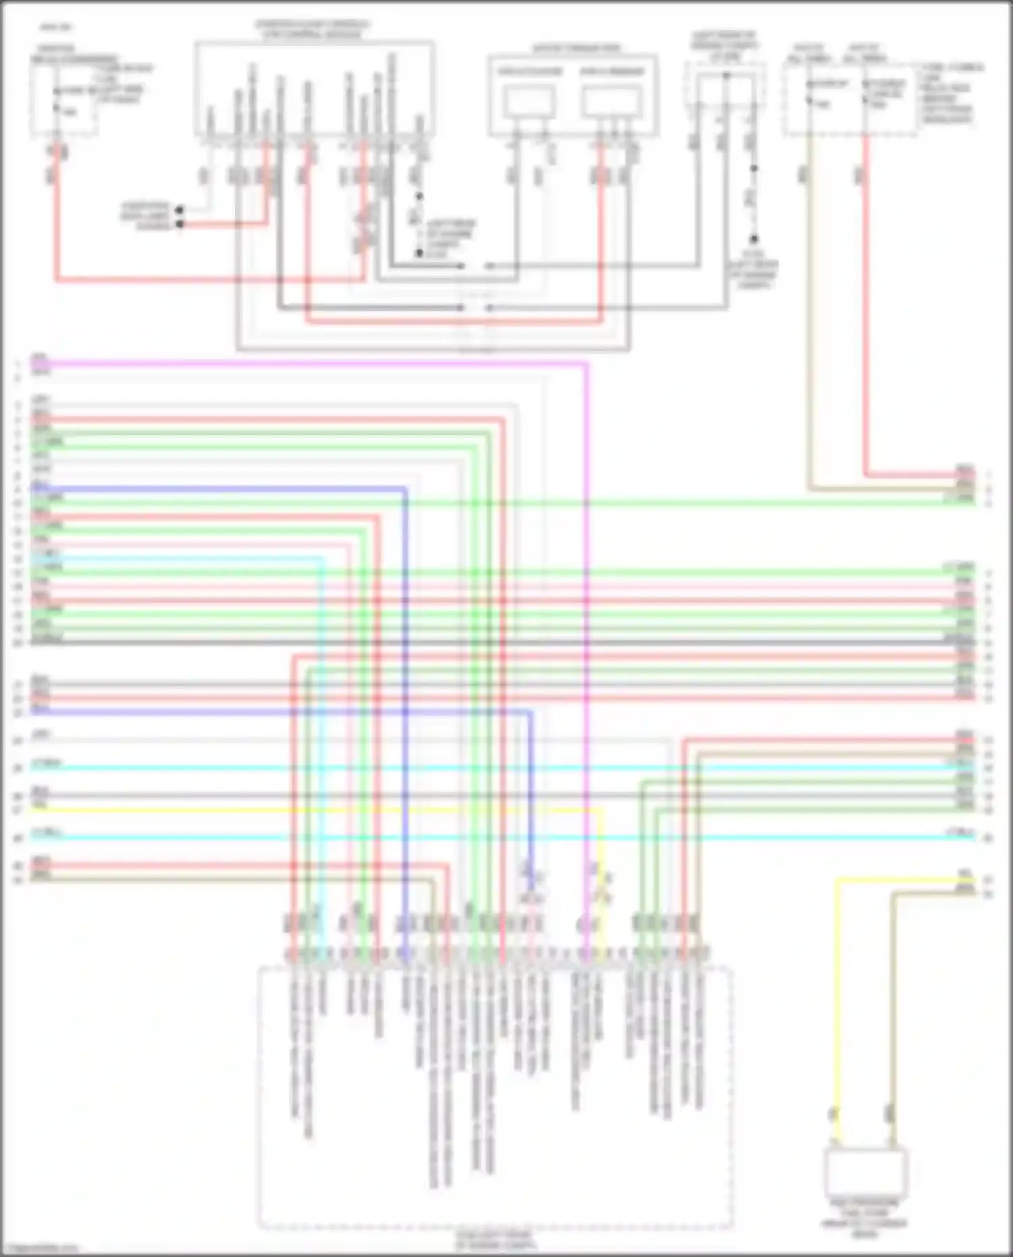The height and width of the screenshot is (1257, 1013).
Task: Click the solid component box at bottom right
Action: (865, 1172)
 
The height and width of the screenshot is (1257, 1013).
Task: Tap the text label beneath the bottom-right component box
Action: (864, 1218)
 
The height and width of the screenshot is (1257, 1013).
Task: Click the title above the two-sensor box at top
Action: (575, 49)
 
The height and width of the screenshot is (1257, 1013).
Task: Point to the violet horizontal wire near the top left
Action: (304, 363)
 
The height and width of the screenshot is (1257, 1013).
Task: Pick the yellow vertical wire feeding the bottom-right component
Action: (837, 1013)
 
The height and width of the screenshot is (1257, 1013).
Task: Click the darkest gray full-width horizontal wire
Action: (473, 642)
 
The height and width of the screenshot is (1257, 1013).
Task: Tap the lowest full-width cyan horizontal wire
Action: (473, 838)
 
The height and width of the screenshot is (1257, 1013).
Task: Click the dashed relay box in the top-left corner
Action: (63, 101)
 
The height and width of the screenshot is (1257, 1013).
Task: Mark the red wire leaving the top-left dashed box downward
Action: (56, 223)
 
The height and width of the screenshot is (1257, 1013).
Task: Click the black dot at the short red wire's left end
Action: (180, 224)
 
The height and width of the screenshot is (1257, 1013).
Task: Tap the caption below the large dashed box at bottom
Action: (494, 1240)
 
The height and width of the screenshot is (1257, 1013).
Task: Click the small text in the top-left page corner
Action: (56, 28)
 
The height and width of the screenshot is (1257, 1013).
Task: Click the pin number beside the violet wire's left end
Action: (18, 365)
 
